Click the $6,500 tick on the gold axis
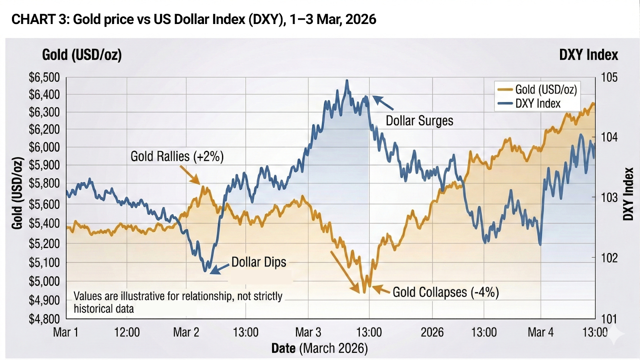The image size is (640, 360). (44, 78)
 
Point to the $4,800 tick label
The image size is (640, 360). (44, 319)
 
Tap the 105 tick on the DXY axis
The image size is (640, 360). (609, 77)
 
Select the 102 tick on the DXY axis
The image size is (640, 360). (609, 258)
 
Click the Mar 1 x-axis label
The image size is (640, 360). (66, 332)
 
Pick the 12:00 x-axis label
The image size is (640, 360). (127, 332)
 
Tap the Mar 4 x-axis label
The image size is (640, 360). (540, 332)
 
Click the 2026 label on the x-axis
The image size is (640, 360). (432, 332)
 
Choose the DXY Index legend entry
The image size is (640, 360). (538, 104)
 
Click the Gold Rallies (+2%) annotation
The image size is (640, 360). (177, 156)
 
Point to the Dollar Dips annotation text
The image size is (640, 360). (259, 262)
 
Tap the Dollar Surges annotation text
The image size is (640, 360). (419, 121)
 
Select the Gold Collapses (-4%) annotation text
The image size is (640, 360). (446, 292)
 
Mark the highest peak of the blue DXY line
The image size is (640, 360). (347, 80)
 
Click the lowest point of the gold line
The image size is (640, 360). (364, 292)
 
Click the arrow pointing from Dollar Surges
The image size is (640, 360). (383, 103)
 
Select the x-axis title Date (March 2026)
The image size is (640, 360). (319, 348)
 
